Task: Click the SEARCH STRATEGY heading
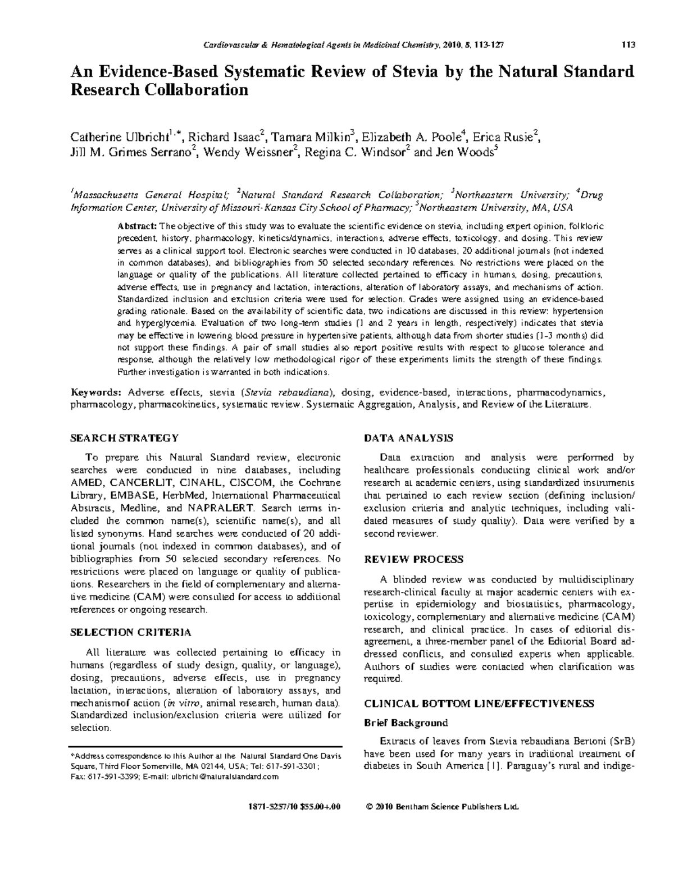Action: coord(124,438)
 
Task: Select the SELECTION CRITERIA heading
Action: coord(130,632)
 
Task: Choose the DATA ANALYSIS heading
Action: coord(408,438)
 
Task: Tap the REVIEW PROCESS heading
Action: coord(414,559)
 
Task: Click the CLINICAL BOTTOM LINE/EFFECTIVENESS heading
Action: coord(479,704)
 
